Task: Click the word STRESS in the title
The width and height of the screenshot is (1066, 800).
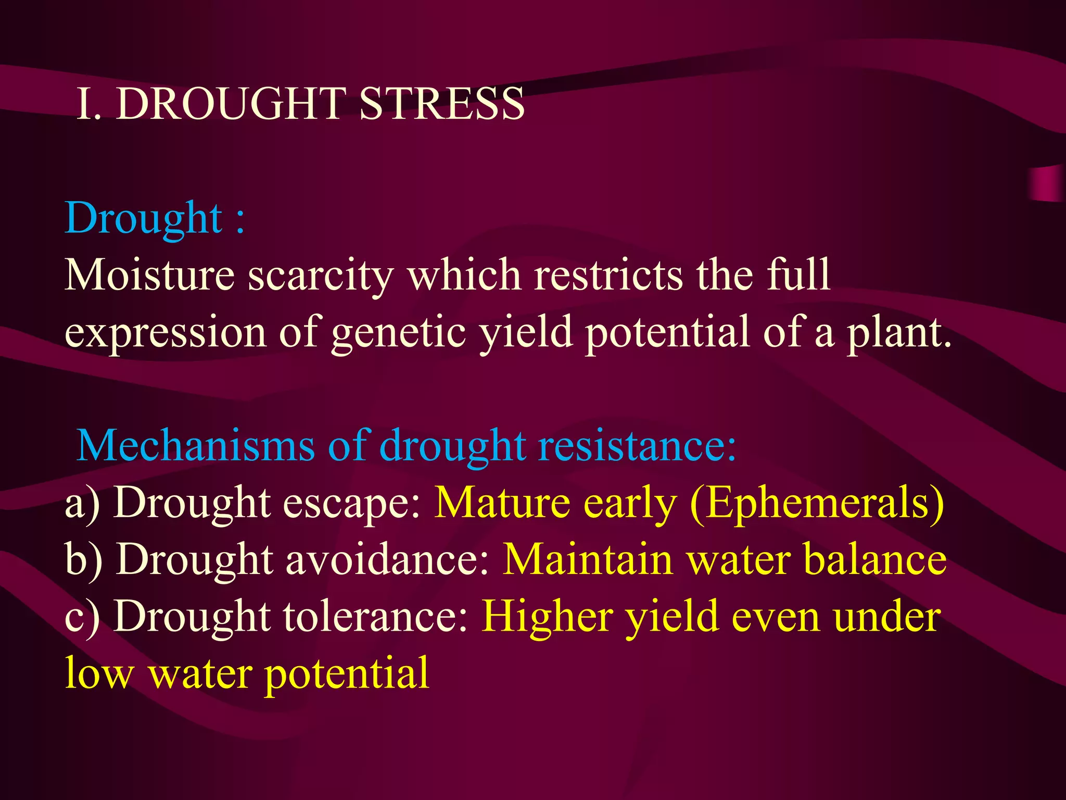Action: (441, 104)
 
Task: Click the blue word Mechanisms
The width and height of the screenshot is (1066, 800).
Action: (196, 446)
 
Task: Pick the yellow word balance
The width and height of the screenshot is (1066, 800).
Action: (874, 559)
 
